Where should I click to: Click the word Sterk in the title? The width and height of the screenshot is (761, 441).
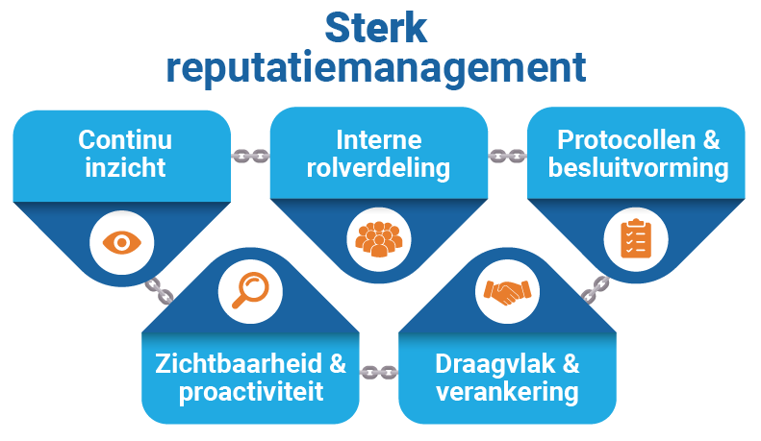pyautogui.click(x=376, y=28)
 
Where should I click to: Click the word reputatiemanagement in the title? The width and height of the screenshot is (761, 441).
pyautogui.click(x=376, y=69)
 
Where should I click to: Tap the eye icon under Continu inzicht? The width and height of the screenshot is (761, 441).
pyautogui.click(x=121, y=240)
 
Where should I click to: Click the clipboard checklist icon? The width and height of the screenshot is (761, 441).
pyautogui.click(x=633, y=238)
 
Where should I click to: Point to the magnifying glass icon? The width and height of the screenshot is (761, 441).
pyautogui.click(x=250, y=287)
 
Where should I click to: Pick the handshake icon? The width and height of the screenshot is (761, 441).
pyautogui.click(x=507, y=289)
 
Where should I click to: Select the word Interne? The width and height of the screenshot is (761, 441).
pyautogui.click(x=379, y=140)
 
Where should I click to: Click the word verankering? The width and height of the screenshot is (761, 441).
pyautogui.click(x=507, y=393)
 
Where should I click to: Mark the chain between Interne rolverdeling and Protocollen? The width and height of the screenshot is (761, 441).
pyautogui.click(x=507, y=154)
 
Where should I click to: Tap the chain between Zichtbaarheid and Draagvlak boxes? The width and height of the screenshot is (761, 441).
pyautogui.click(x=379, y=371)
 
